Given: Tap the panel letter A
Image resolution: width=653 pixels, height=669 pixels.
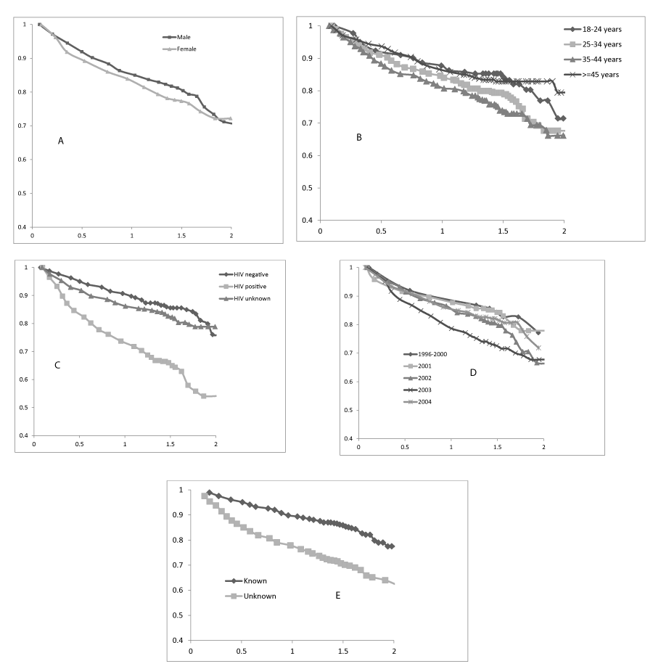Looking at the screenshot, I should tap(62, 141).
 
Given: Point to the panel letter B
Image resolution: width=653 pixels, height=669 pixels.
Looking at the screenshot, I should tap(358, 137).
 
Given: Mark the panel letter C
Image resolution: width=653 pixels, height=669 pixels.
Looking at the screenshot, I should tap(57, 365).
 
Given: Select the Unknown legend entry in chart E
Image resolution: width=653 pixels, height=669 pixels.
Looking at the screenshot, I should tap(250, 596).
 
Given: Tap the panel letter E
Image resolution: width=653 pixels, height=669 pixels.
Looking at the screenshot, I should tap(337, 595).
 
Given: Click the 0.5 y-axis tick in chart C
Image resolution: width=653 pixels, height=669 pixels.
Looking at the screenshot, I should tap(27, 407).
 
